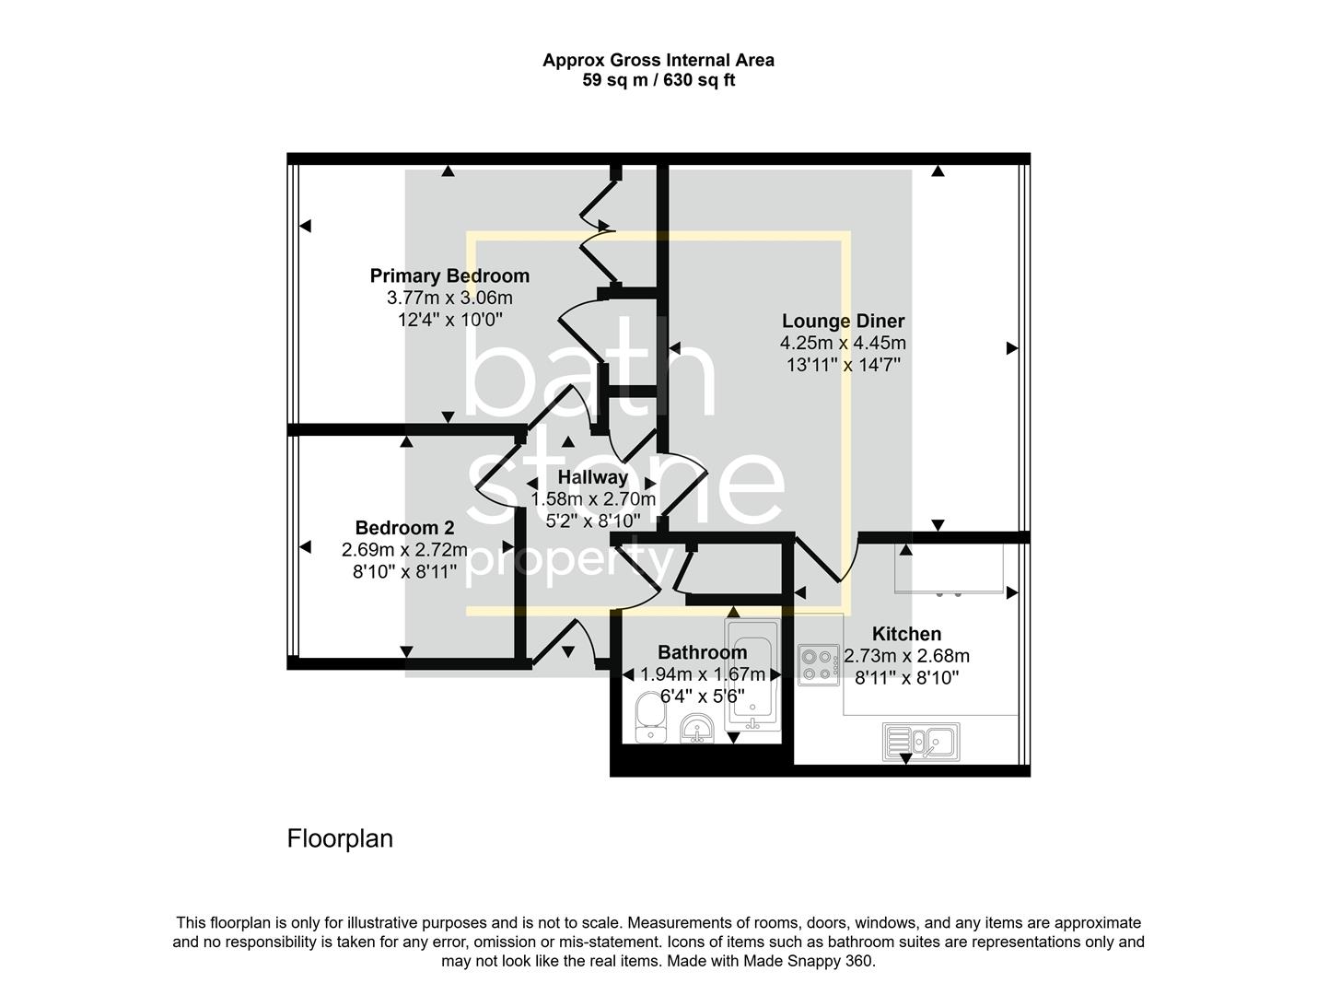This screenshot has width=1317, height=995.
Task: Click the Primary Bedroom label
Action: (449, 275)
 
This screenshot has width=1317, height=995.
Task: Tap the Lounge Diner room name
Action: (843, 321)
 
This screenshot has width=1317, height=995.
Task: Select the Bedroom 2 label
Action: (404, 528)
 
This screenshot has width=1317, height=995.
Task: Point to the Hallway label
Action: (592, 477)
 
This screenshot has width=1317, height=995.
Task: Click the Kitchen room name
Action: (906, 634)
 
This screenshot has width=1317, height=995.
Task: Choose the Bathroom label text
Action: (702, 652)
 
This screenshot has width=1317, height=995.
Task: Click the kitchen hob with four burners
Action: (819, 665)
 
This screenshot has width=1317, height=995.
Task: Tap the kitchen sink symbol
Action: (921, 741)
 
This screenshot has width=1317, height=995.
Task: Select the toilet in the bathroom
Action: (650, 718)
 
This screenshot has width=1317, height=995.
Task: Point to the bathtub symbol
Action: (752, 676)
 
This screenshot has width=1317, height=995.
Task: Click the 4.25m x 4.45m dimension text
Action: (843, 343)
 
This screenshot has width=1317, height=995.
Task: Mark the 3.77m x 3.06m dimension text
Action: (449, 298)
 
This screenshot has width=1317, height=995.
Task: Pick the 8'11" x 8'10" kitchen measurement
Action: (906, 678)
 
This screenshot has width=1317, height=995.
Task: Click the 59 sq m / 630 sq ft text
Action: (658, 80)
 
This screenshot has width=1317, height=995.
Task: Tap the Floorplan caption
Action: (340, 838)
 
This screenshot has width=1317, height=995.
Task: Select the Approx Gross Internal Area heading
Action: (658, 60)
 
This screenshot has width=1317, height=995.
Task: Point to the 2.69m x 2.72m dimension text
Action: (404, 550)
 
